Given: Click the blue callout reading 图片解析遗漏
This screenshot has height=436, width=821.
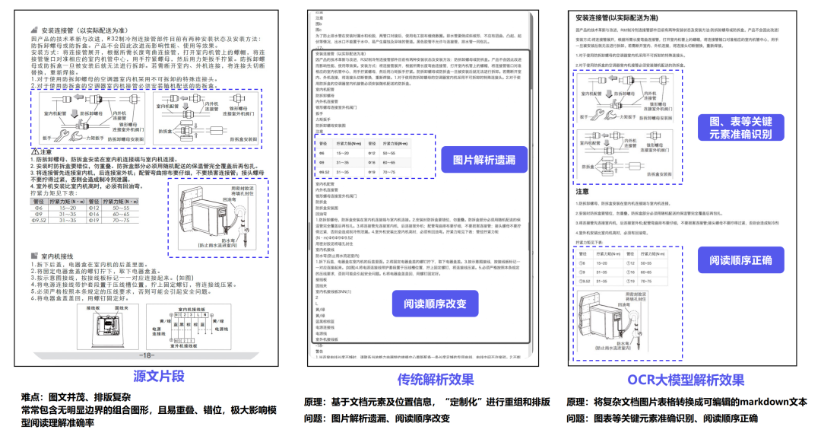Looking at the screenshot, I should pyautogui.click(x=483, y=160).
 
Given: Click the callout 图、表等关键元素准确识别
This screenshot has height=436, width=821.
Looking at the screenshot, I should pyautogui.click(x=740, y=126).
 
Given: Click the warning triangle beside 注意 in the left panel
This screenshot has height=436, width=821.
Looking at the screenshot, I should pyautogui.click(x=35, y=151).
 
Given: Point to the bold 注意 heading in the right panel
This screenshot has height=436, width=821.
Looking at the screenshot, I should pyautogui.click(x=583, y=192).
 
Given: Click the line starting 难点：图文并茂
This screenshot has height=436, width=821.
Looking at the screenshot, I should pyautogui.click(x=76, y=396).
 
